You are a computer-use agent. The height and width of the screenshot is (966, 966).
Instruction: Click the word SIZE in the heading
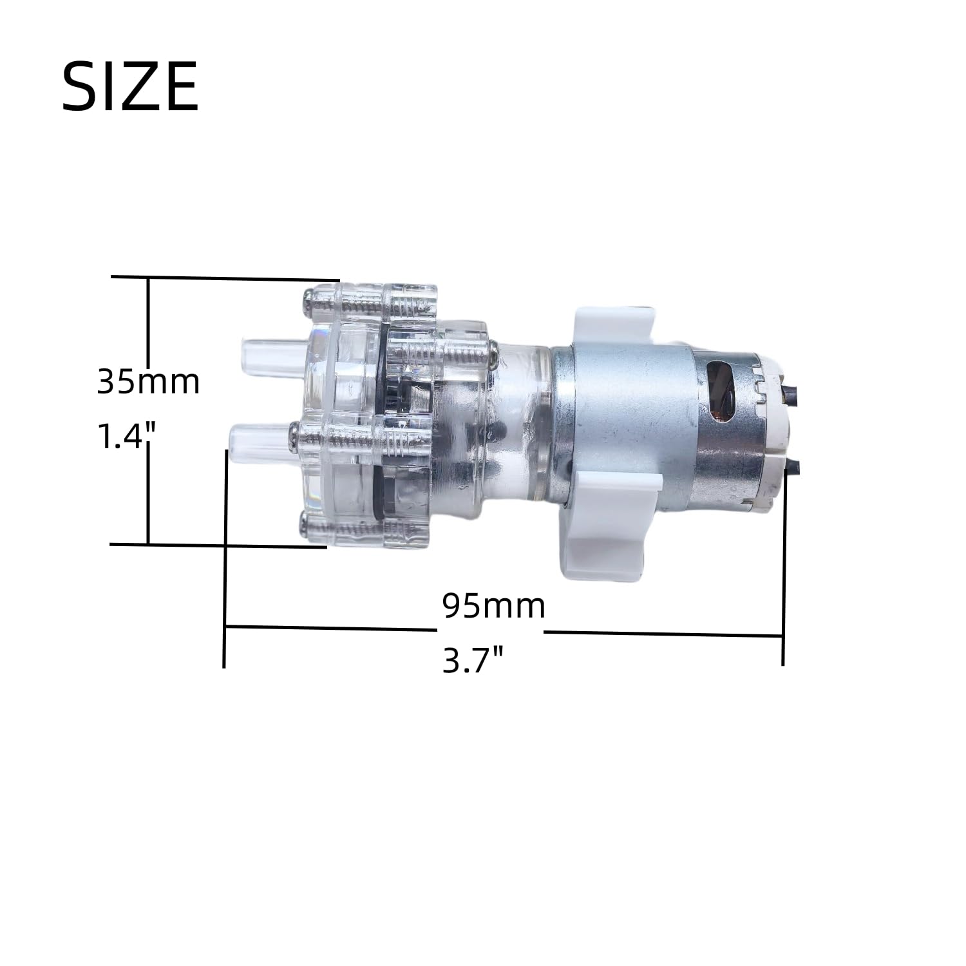(x=130, y=87)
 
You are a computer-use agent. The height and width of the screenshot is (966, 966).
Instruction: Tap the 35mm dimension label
(x=149, y=381)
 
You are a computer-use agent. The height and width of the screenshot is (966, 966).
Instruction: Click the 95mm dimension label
(x=494, y=605)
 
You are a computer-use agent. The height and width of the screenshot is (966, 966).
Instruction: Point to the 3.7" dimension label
(x=473, y=660)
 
